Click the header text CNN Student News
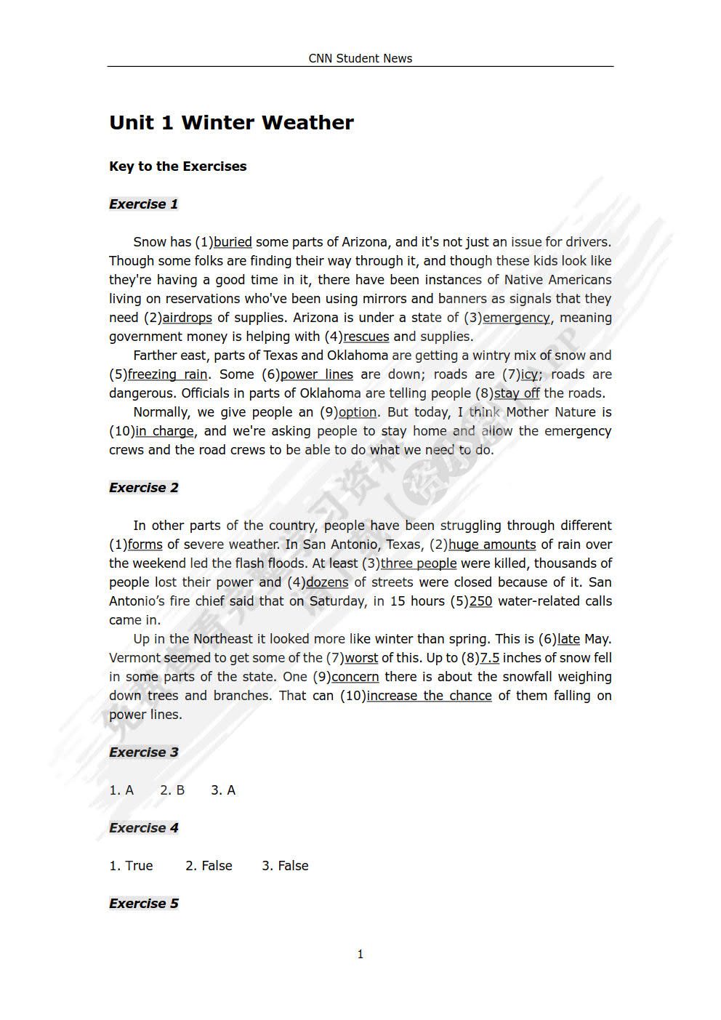pyautogui.click(x=360, y=58)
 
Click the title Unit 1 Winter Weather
pyautogui.click(x=231, y=122)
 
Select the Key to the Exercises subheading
pyautogui.click(x=178, y=166)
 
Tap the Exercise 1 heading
pyautogui.click(x=144, y=204)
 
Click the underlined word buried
pyautogui.click(x=233, y=242)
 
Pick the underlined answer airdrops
pyautogui.click(x=187, y=318)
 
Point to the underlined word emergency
pyautogui.click(x=516, y=318)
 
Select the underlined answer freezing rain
pyautogui.click(x=168, y=374)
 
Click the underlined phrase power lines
pyautogui.click(x=317, y=374)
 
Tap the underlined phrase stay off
pyautogui.click(x=517, y=393)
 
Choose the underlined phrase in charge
pyautogui.click(x=164, y=431)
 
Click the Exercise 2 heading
pyautogui.click(x=144, y=488)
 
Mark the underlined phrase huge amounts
pyautogui.click(x=492, y=545)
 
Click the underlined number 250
pyautogui.click(x=480, y=601)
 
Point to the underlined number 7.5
pyautogui.click(x=489, y=658)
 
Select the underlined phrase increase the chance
pyautogui.click(x=429, y=696)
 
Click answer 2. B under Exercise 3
pyautogui.click(x=172, y=790)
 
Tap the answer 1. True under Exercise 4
pyautogui.click(x=131, y=866)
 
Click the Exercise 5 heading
pyautogui.click(x=144, y=904)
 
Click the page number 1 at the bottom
pyautogui.click(x=360, y=955)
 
